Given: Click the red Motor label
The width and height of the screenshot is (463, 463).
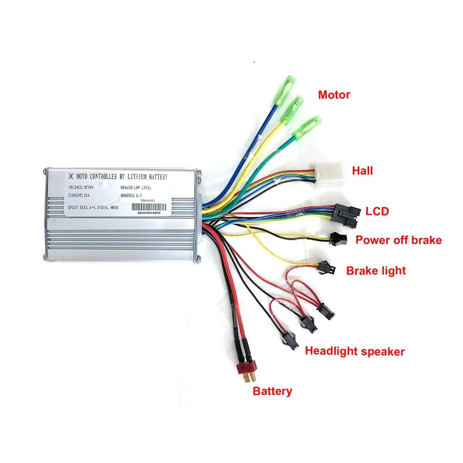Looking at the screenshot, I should [x=334, y=95].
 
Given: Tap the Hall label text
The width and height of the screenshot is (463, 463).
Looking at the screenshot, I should [x=362, y=171].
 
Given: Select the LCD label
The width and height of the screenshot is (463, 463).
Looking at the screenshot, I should [x=377, y=212].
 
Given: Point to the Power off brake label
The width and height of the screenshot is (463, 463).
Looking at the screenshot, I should [x=398, y=240].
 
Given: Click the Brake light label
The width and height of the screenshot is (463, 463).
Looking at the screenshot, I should [x=376, y=270].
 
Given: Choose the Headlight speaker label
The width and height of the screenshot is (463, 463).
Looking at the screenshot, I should [x=355, y=351].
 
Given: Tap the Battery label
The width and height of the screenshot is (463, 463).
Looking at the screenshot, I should [x=272, y=391].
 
